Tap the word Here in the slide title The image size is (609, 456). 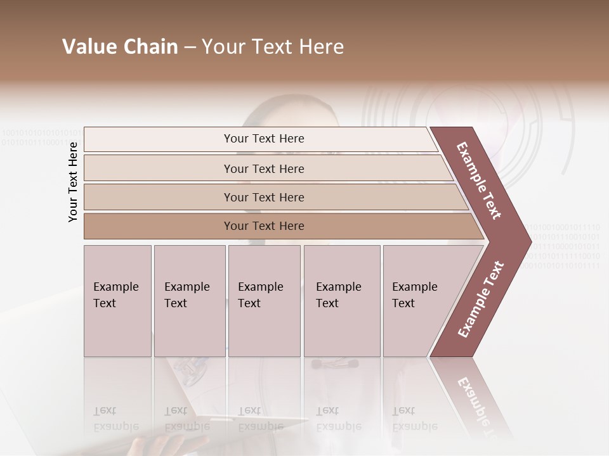click(321, 47)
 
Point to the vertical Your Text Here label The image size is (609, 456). click(73, 182)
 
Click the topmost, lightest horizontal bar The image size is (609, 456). click(263, 139)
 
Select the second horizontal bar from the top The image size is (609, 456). click(263, 168)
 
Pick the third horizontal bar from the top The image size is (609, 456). click(263, 197)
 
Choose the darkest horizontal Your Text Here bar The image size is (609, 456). click(263, 226)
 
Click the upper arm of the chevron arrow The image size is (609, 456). click(479, 180)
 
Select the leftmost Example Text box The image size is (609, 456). click(117, 300)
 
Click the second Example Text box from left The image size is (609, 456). click(189, 300)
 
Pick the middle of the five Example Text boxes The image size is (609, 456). click(264, 300)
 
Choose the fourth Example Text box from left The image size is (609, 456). click(341, 300)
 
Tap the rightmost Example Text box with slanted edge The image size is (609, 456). click(419, 300)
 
